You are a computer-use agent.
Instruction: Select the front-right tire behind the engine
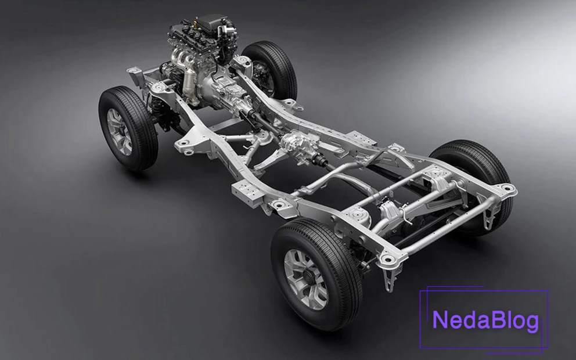[270, 70]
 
